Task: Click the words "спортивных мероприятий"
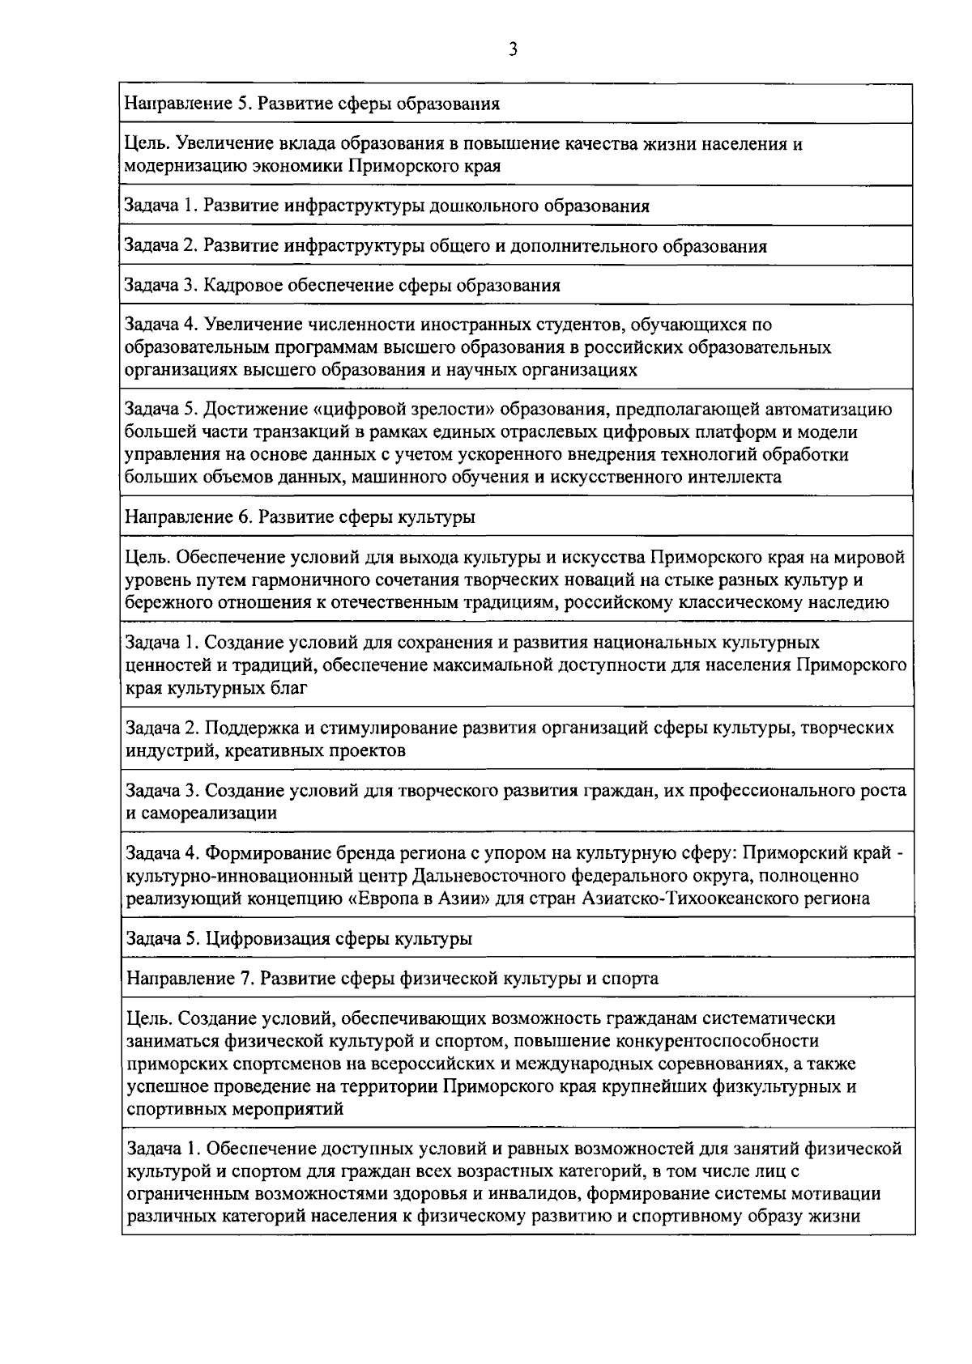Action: pyautogui.click(x=236, y=1109)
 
